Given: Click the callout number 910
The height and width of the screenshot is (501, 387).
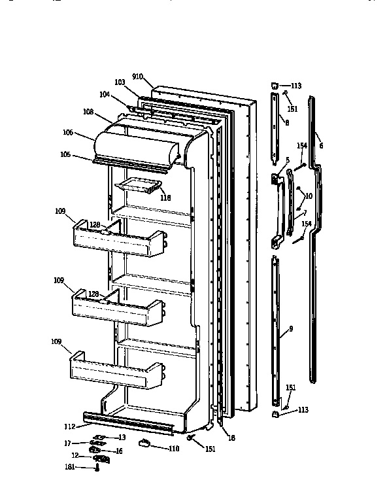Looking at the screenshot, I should tap(137, 77).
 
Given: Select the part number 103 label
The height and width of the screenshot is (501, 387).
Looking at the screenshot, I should tap(120, 82).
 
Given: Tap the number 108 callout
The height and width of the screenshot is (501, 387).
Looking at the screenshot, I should tap(107, 112).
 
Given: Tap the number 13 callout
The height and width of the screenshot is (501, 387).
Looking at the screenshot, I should tap(122, 437).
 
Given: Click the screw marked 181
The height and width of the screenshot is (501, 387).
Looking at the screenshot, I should tap(97, 466).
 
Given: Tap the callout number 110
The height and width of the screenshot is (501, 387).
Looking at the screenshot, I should tap(173, 449).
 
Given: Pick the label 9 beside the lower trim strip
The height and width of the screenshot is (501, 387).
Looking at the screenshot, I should tap(291, 329).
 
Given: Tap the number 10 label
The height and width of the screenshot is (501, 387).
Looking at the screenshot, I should tap(309, 196).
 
